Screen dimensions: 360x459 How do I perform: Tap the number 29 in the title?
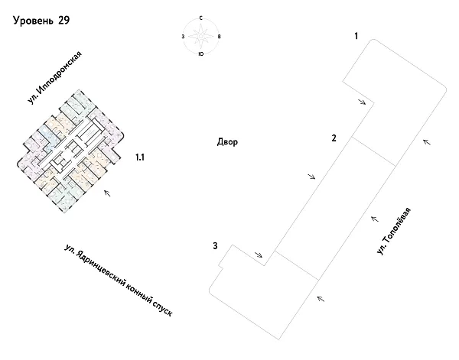[x=63, y=21]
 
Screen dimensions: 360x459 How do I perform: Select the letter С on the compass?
[x=200, y=18]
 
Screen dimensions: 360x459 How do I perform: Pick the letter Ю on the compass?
[x=200, y=54]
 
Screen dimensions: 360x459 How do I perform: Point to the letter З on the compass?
[x=183, y=36]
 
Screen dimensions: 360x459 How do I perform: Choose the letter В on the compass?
[x=220, y=36]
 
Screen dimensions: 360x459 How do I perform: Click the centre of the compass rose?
[x=201, y=36]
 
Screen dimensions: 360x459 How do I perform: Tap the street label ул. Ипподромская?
[x=56, y=79]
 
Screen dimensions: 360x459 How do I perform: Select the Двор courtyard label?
[x=228, y=142]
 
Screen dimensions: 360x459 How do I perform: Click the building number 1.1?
[x=140, y=157]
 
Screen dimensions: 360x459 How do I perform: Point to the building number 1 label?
[x=356, y=36]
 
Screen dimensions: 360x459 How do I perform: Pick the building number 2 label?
[x=334, y=138]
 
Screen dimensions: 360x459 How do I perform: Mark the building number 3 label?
[x=216, y=245]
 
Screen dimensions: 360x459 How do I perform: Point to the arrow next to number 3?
[x=259, y=255]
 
